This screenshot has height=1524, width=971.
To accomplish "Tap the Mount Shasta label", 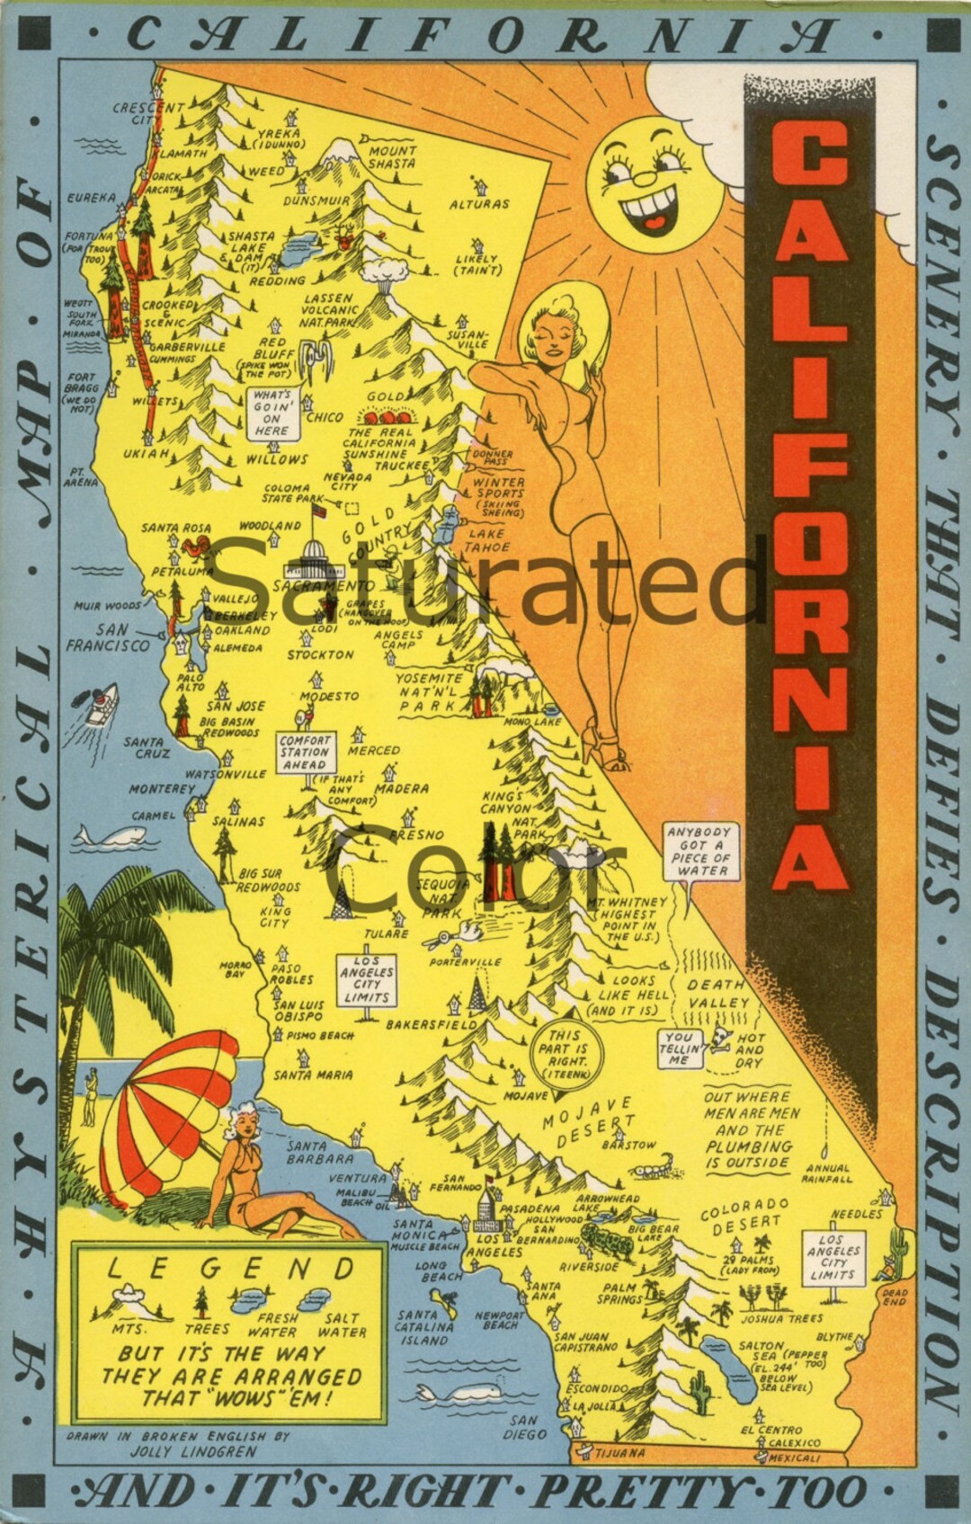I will [392, 157].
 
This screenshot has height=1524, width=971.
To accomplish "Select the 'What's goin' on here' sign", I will [272, 413].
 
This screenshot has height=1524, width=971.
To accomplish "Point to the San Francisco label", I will [108, 637].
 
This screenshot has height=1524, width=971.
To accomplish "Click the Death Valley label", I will [718, 994].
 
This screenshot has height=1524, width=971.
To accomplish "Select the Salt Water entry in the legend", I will [342, 1325].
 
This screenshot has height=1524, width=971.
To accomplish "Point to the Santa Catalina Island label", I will [423, 1327].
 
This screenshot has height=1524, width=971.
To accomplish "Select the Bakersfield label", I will [432, 1024].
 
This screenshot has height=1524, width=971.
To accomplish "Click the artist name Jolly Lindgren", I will [193, 1451].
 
